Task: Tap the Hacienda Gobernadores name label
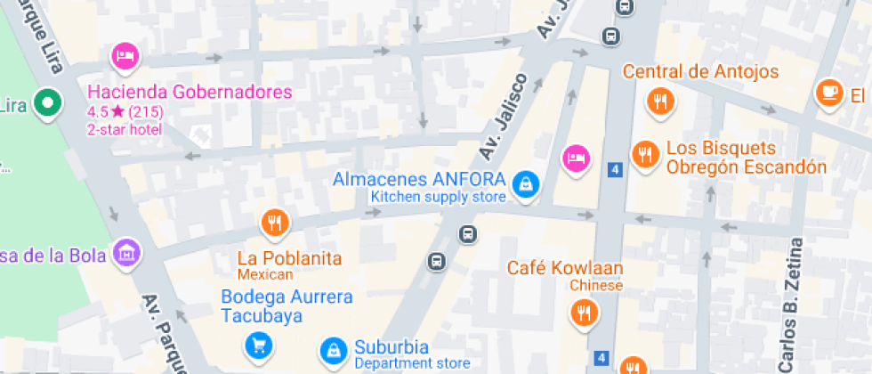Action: [x=190, y=93]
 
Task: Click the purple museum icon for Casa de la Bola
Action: [x=128, y=252]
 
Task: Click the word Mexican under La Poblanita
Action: [x=265, y=274]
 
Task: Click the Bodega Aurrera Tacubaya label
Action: [x=287, y=305]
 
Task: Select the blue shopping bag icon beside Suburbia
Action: [x=333, y=350]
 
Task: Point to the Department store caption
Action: [x=412, y=363]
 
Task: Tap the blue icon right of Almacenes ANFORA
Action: [x=526, y=183]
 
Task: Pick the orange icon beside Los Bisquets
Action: [x=644, y=155]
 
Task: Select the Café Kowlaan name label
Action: [x=565, y=268]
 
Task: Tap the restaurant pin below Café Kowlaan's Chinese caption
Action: [x=584, y=312]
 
